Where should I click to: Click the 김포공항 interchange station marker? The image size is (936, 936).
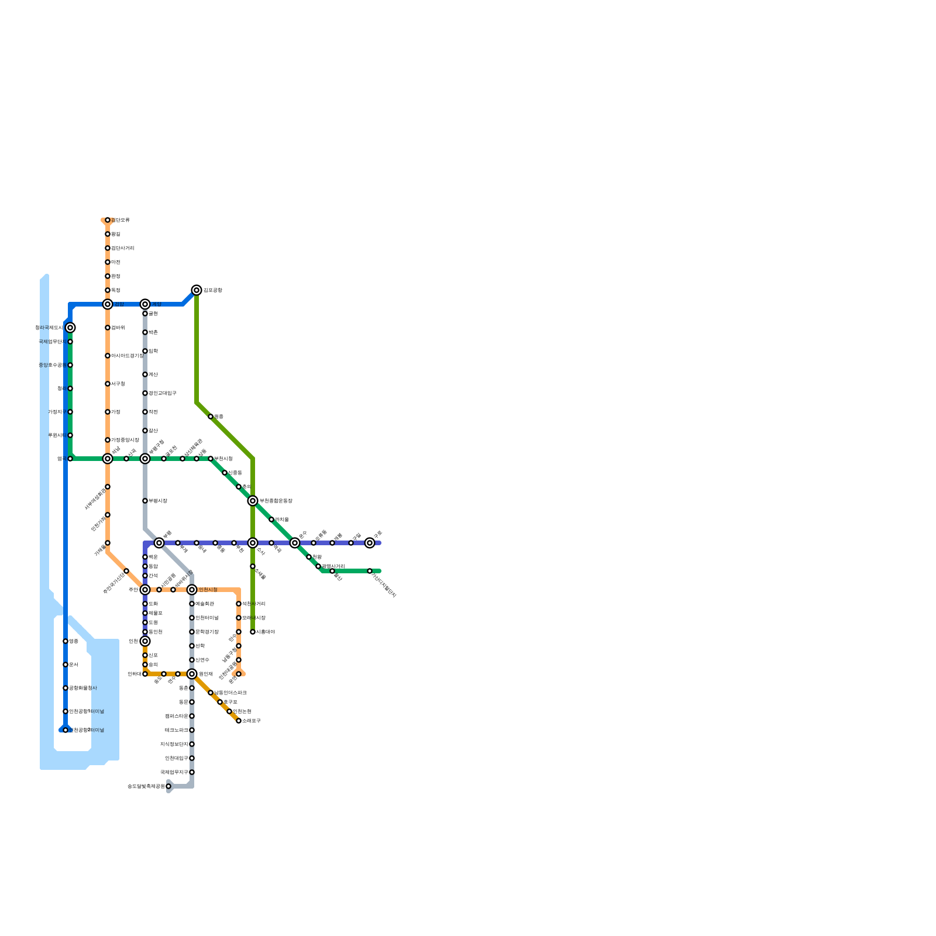click(x=197, y=290)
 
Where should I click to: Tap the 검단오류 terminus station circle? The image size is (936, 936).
click(x=108, y=220)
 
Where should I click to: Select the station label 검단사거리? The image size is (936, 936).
click(x=123, y=248)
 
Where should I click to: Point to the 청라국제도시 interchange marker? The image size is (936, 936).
click(x=70, y=328)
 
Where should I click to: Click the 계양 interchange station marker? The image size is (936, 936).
click(x=145, y=304)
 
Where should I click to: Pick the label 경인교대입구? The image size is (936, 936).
click(x=163, y=393)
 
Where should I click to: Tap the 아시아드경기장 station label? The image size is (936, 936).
click(x=128, y=356)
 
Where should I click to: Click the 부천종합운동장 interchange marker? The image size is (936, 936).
click(x=253, y=501)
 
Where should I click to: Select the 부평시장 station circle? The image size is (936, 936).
click(x=145, y=501)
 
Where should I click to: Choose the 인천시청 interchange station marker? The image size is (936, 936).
click(x=192, y=590)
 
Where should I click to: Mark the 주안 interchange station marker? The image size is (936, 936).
click(x=145, y=590)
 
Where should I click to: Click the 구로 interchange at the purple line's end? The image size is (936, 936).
click(x=370, y=543)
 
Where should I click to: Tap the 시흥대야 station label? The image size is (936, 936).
click(x=266, y=632)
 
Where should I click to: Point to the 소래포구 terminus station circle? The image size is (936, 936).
click(x=239, y=721)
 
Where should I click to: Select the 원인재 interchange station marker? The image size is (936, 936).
click(x=192, y=674)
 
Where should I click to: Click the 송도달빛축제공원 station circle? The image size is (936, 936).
click(x=168, y=786)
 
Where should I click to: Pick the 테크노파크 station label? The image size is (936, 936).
click(x=176, y=730)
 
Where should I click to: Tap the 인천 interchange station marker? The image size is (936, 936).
click(x=145, y=641)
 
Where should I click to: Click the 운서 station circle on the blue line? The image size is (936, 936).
click(x=66, y=665)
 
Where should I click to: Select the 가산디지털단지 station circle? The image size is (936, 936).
click(x=370, y=571)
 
